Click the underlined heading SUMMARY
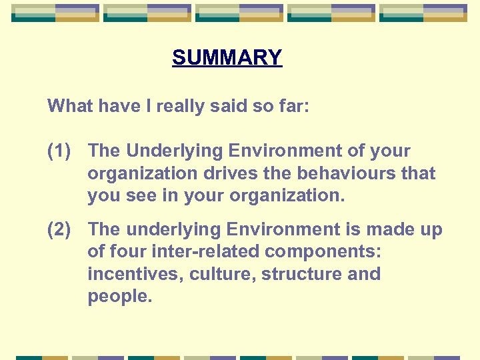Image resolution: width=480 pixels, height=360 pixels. point(227,58)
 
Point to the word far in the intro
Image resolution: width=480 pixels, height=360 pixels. point(295,105)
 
